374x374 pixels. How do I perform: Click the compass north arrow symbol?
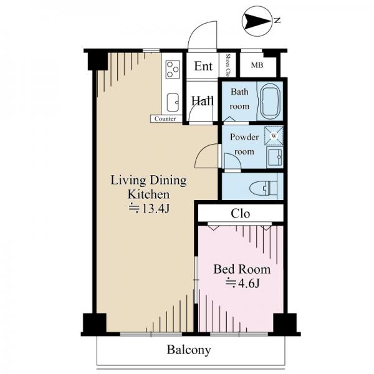[x=257, y=21]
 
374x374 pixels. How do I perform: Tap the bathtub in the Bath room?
[x=270, y=101]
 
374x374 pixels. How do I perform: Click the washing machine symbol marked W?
[x=274, y=136]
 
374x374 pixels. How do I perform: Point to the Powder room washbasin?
[x=275, y=157]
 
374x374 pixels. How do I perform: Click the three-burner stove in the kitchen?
[x=173, y=69]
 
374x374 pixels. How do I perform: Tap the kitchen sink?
[x=173, y=103]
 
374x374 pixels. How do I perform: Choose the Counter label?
[x=165, y=119]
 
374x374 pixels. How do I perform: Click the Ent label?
[x=203, y=66]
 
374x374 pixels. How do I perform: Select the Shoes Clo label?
[x=228, y=65]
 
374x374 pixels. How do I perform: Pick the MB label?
[x=257, y=65]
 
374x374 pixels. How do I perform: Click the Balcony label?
[x=189, y=350]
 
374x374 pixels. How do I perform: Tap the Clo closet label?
[x=241, y=214]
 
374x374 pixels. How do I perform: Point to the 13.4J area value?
[x=150, y=209]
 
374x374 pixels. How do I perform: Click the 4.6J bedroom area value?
[x=242, y=284]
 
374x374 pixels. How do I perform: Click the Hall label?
[x=202, y=101]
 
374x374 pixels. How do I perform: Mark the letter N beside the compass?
[x=277, y=21]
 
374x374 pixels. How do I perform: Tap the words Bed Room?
[x=242, y=269]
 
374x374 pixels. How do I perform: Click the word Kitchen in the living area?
[x=148, y=194]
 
